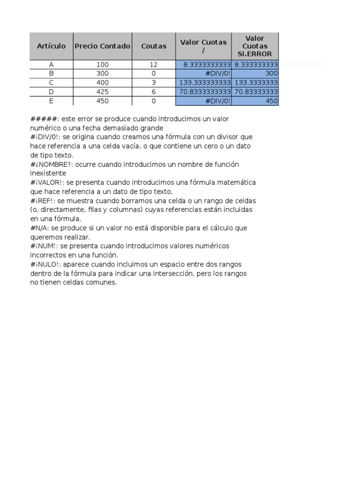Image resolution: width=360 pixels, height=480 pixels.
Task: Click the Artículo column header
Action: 51,46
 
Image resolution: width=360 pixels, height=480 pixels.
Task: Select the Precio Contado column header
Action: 102,46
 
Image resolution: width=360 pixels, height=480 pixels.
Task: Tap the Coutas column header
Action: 154,46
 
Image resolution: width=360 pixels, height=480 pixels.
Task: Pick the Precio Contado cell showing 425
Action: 102,92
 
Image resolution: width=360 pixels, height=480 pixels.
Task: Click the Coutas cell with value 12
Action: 154,65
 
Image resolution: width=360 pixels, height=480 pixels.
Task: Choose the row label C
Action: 51,82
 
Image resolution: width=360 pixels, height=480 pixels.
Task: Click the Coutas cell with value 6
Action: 154,92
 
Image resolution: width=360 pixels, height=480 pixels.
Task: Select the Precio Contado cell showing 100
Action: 102,65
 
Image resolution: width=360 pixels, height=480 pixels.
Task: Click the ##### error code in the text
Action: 43,119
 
